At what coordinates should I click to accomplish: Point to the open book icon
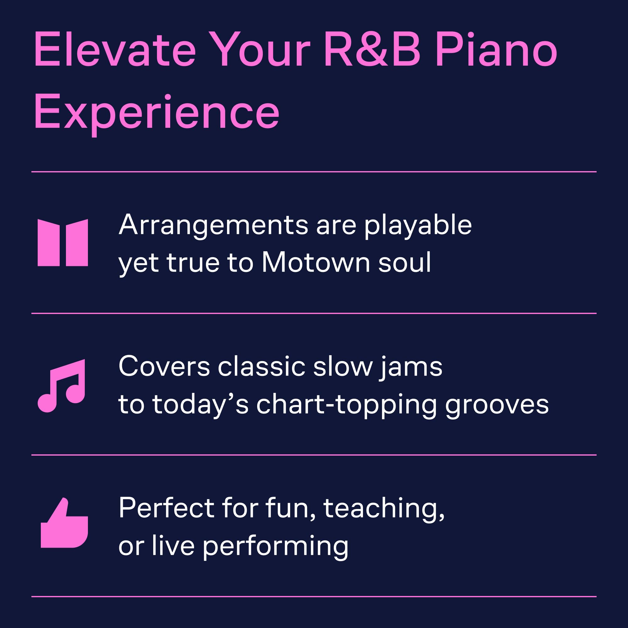tap(63, 243)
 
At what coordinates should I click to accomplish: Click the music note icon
tap(62, 386)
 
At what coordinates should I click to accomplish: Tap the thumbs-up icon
tap(64, 523)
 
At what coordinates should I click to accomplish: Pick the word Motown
tap(316, 262)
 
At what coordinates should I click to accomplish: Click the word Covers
tap(164, 367)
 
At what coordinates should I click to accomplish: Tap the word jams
tap(411, 368)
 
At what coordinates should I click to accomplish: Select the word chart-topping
tap(347, 406)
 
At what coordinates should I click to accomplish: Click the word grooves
tap(497, 406)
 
